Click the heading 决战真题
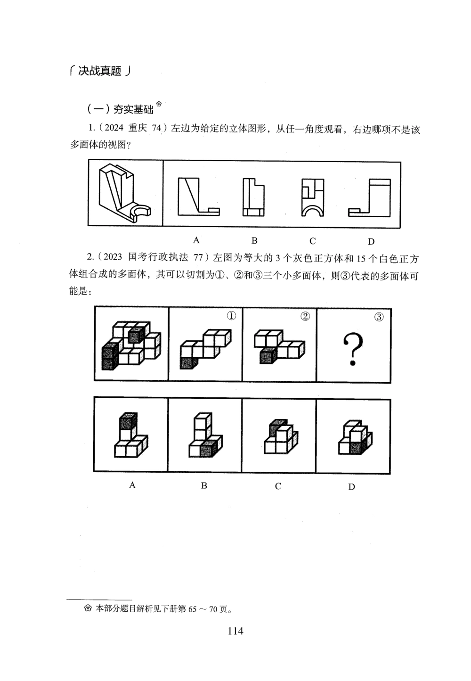coord(99,71)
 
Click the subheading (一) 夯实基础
coord(121,109)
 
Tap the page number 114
coord(235,631)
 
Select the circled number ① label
coord(231,316)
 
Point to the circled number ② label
coord(305,316)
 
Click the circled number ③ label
coord(379,317)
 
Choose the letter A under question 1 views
coord(196,240)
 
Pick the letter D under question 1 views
coord(371,242)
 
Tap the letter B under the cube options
coord(204,485)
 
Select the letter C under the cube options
coord(278,486)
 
